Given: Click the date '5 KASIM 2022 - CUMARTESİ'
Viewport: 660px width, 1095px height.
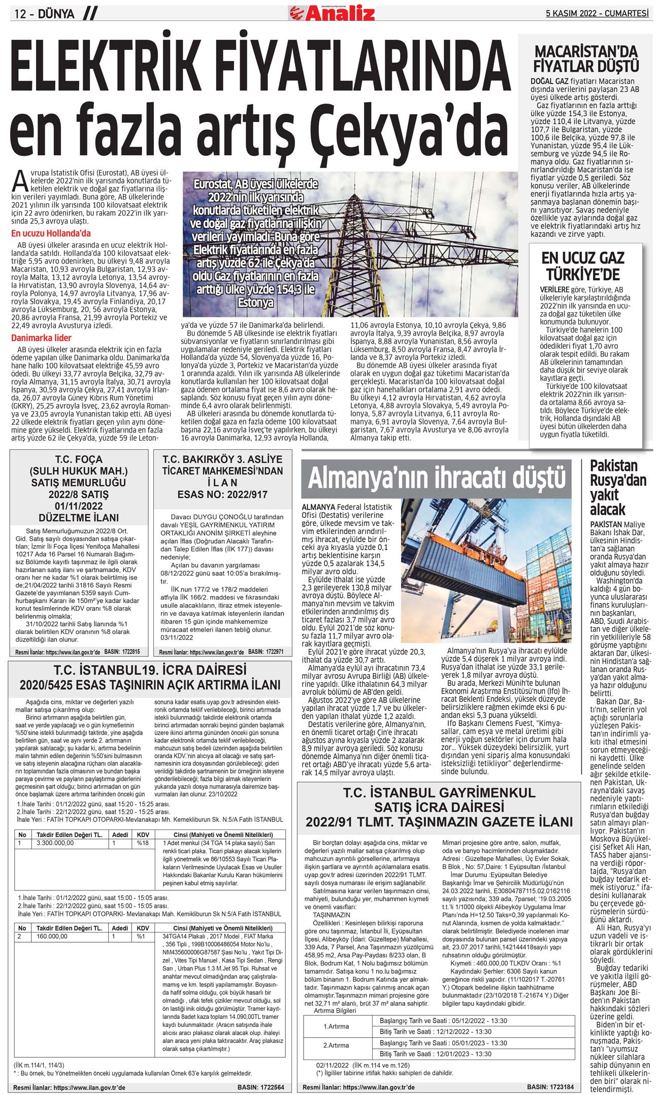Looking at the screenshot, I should click(597, 13).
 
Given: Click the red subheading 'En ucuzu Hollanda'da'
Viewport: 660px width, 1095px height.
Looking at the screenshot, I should click(51, 234).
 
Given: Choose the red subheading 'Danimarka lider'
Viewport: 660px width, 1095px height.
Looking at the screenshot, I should click(41, 338).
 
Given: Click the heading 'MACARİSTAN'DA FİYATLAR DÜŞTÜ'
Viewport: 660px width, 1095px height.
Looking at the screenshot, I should click(585, 59).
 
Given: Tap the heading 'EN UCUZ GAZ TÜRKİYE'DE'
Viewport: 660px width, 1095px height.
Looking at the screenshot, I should click(583, 266).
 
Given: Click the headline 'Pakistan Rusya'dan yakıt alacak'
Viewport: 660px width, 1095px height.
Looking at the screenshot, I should click(617, 487).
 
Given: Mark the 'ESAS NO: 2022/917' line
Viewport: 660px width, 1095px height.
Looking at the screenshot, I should click(222, 494).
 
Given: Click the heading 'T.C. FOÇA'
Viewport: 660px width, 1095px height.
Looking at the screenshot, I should click(79, 460).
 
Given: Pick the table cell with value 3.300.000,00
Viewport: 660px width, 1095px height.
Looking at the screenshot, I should click(55, 843).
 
